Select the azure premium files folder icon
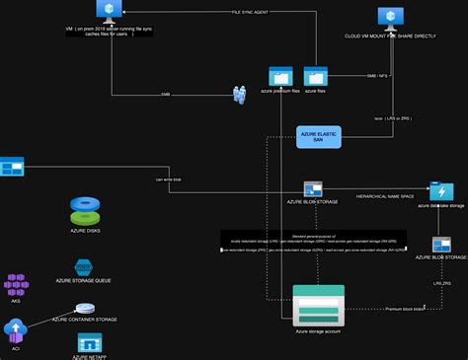(x=280, y=77)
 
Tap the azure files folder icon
(x=316, y=77)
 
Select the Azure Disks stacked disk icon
(x=86, y=210)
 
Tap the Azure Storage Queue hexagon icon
(x=84, y=268)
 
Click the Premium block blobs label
(x=404, y=309)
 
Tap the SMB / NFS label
(x=376, y=76)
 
